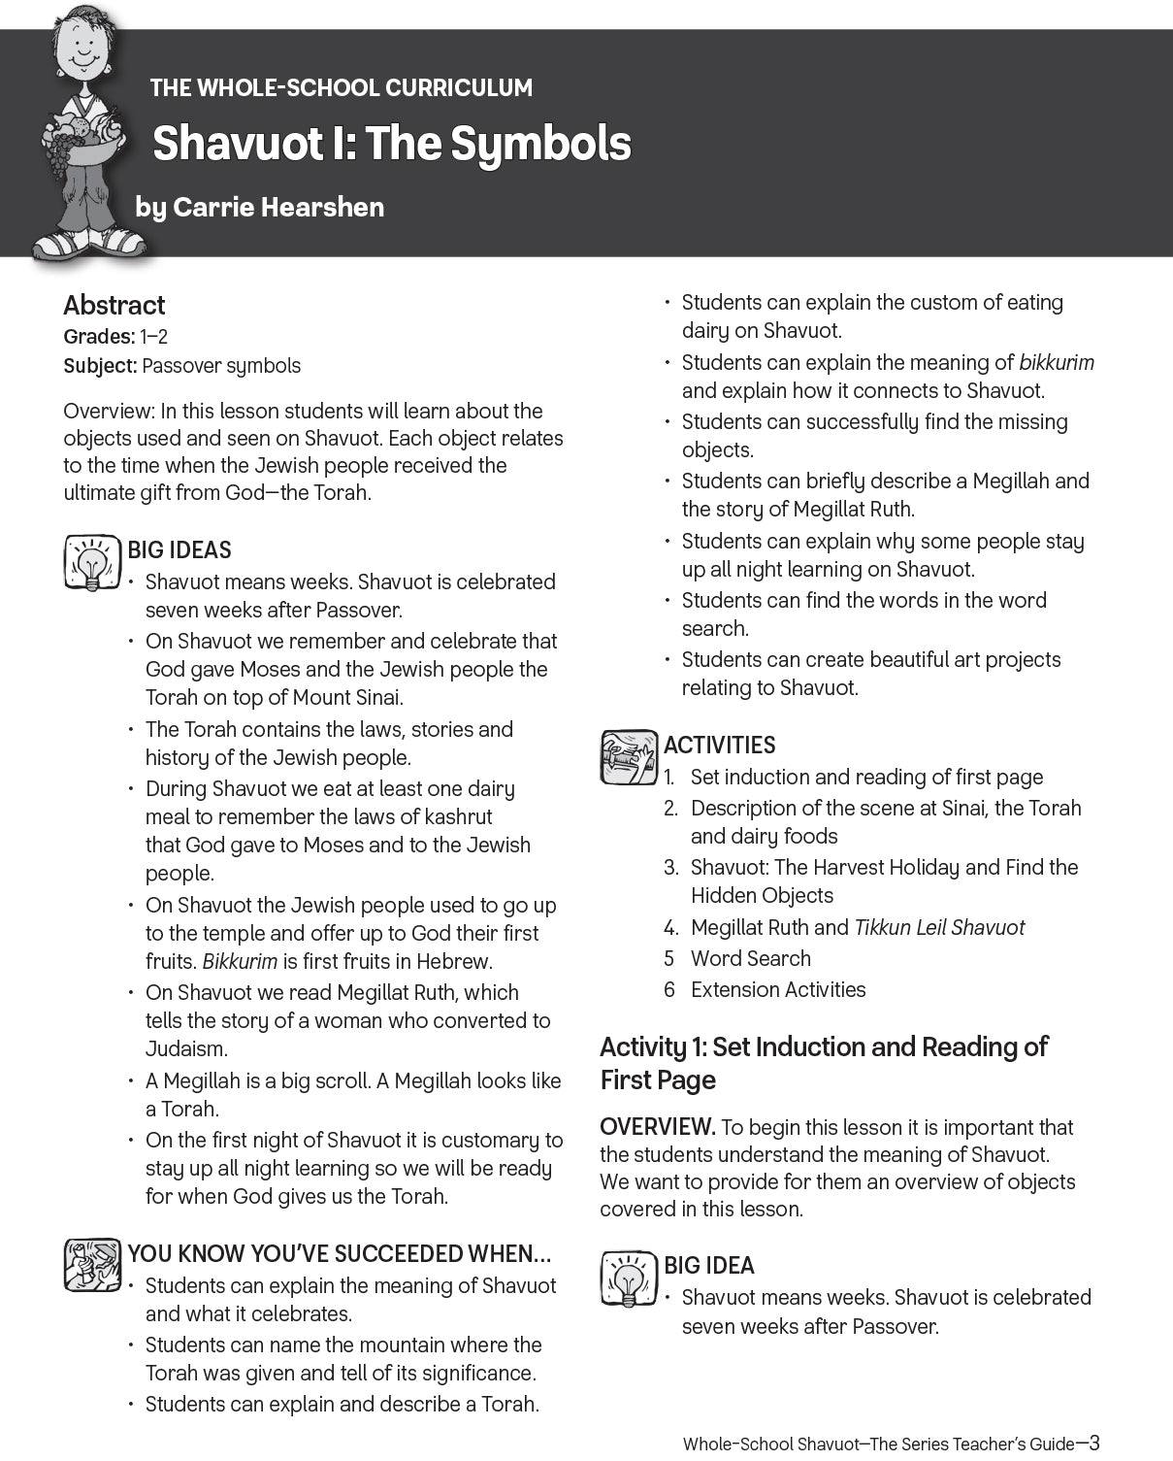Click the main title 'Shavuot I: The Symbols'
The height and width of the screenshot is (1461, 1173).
[392, 144]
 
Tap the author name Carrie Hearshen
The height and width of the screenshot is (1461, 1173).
[278, 207]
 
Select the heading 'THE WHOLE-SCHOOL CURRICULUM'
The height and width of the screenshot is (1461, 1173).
[341, 87]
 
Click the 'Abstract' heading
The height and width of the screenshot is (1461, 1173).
[114, 305]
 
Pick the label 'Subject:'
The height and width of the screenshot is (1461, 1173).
[100, 366]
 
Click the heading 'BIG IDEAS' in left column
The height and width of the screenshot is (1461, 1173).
[179, 550]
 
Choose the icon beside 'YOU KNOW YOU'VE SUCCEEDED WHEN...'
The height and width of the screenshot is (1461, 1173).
[91, 1266]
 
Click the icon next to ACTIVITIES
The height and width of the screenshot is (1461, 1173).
[628, 757]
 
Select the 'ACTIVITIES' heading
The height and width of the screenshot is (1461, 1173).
[719, 746]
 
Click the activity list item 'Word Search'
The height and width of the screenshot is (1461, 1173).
[750, 959]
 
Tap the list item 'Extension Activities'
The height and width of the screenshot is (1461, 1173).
[778, 990]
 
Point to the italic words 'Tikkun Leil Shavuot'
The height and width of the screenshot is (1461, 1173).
[938, 928]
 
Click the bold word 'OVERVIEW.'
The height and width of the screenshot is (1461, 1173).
[657, 1128]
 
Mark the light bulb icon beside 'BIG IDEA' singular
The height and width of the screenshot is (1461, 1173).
[628, 1278]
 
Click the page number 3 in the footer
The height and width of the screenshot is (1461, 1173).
[1093, 1444]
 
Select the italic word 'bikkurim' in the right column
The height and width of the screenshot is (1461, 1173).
[1057, 363]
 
